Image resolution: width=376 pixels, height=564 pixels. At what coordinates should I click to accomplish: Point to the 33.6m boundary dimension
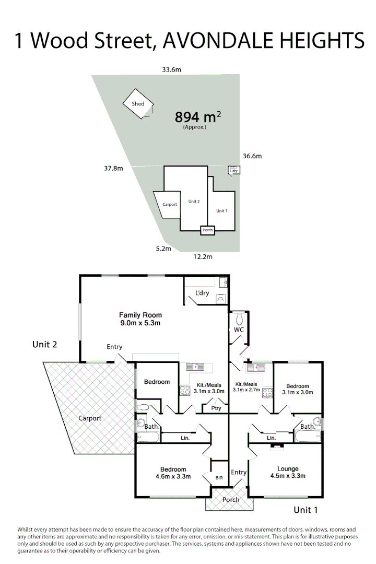point(171,69)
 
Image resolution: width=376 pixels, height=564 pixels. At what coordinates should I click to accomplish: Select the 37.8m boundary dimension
point(113,168)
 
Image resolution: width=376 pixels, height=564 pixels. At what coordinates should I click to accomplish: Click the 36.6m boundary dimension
point(252,156)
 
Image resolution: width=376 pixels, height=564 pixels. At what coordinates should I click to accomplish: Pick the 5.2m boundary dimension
point(163,249)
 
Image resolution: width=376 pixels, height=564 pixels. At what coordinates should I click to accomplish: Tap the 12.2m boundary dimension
point(203,256)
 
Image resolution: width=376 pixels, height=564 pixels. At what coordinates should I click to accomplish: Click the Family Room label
point(140,319)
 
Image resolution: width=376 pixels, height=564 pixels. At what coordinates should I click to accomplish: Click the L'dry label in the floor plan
point(202,293)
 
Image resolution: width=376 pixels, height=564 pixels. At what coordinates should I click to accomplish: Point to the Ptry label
point(216,408)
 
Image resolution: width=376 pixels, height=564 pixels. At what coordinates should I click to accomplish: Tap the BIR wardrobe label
point(219,477)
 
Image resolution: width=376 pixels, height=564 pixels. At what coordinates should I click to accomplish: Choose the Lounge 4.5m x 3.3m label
point(287,472)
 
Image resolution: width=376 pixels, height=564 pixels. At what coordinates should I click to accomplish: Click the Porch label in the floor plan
point(231,500)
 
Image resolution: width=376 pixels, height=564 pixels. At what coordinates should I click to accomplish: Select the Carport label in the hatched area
point(90,418)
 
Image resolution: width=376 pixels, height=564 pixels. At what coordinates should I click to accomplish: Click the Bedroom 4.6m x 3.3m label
point(173,473)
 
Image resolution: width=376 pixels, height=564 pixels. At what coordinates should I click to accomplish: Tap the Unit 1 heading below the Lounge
point(305,510)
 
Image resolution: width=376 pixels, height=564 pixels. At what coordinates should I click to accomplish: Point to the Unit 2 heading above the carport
point(44,344)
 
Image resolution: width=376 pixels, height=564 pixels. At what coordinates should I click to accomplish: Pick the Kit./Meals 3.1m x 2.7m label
point(247,387)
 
